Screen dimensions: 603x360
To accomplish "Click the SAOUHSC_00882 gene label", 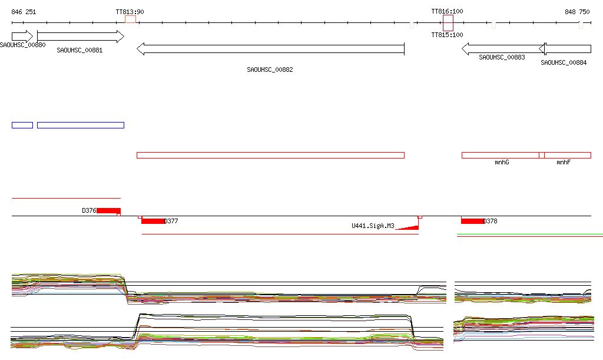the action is [x=270, y=70].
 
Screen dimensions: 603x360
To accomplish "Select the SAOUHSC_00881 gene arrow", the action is [x=81, y=37].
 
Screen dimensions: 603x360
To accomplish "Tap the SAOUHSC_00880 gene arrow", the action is [x=22, y=37].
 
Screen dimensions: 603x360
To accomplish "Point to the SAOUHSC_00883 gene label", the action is [x=502, y=57].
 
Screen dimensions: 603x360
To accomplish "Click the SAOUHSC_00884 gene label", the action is [x=564, y=62].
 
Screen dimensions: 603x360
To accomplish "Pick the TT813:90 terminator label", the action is [x=130, y=12].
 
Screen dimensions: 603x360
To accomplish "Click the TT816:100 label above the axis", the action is [x=448, y=12].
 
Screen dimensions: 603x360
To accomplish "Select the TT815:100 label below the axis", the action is [x=448, y=35].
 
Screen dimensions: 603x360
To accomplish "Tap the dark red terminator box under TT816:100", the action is [x=448, y=23].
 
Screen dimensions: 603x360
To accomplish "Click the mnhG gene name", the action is [x=502, y=162].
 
